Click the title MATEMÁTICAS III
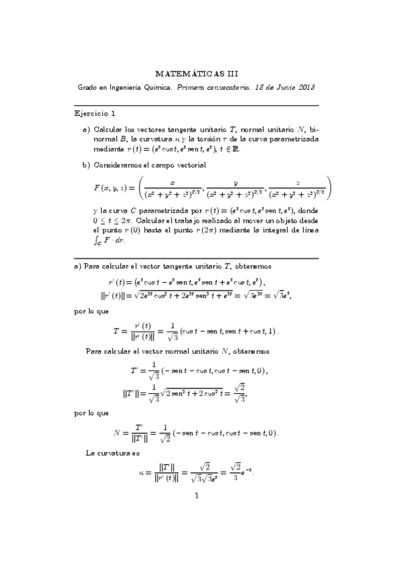pos(199,74)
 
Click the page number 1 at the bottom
pos(197,495)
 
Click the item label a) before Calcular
pos(86,128)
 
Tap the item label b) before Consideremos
pos(86,164)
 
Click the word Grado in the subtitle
pos(88,87)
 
